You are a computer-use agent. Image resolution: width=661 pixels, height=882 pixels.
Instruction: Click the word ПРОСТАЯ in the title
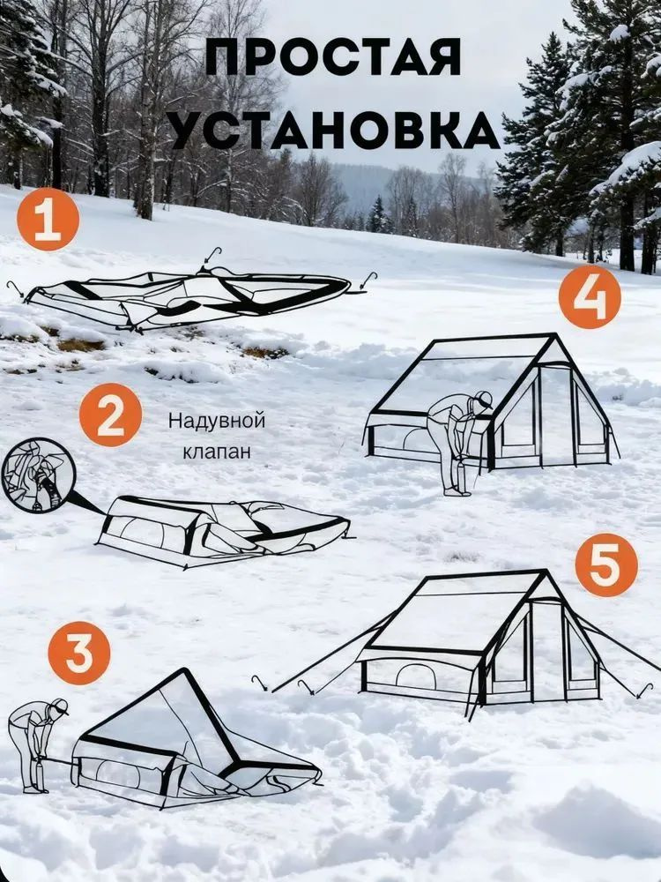(333, 56)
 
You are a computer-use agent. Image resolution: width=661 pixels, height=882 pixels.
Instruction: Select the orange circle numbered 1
(48, 220)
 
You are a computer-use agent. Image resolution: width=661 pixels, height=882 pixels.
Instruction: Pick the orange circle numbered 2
(110, 415)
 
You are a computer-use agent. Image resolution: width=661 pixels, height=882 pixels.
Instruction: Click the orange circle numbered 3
(79, 653)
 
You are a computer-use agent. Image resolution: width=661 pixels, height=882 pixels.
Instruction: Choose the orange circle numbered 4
(590, 297)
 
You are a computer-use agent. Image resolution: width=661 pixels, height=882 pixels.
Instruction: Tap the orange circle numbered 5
(607, 564)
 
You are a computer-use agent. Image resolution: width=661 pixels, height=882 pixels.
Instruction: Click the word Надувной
(217, 422)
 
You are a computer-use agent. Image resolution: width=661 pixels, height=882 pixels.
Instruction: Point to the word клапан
(217, 451)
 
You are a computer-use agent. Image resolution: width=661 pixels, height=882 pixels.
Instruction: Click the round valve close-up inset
(38, 476)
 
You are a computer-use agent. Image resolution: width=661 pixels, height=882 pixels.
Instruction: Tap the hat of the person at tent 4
(482, 399)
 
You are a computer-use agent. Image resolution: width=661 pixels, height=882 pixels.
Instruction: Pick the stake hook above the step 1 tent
(212, 255)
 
